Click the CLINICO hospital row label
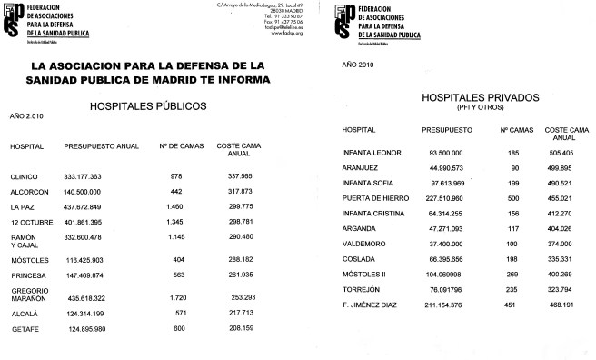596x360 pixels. (x=24, y=175)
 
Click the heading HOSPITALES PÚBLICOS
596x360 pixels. (x=148, y=105)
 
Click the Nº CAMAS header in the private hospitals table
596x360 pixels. (x=515, y=130)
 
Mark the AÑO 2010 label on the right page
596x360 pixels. (x=357, y=65)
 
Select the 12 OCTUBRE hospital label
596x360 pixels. (x=27, y=221)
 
